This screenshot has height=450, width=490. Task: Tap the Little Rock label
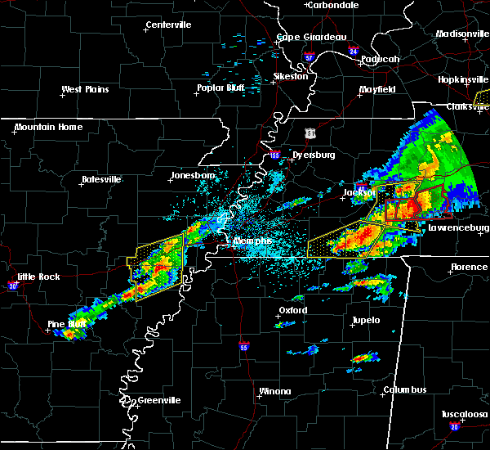pos(38,277)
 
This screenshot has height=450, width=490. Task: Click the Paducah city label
pos(380,59)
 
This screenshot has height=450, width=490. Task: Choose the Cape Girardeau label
pos(311,37)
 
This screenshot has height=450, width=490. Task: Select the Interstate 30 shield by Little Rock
pos(11,286)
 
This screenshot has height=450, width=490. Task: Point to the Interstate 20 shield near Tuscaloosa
pos(454,427)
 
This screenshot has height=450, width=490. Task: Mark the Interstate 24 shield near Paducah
pos(353,51)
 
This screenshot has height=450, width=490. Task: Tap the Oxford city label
pos(292,311)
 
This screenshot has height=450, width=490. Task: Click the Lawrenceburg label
pos(459,228)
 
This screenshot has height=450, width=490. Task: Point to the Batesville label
pos(101,179)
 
